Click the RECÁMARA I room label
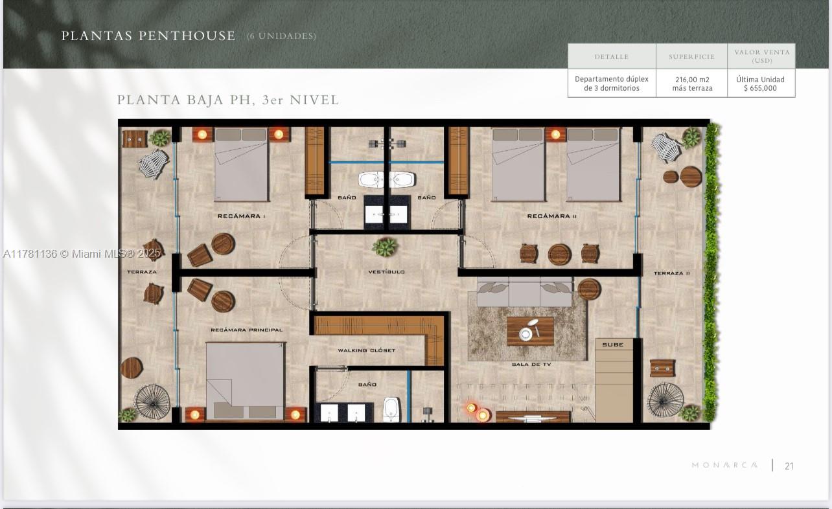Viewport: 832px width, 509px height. pos(241,216)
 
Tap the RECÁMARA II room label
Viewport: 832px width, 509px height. pos(552,216)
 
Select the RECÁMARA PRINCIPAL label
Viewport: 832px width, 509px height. pos(247,330)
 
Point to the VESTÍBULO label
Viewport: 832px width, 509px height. pos(386,272)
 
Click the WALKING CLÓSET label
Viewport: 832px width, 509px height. pos(367,350)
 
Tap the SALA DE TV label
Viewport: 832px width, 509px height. pos(531,364)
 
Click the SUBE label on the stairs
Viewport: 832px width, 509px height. pos(613,345)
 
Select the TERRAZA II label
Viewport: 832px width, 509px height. pos(671,273)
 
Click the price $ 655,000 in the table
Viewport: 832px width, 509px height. pos(760,88)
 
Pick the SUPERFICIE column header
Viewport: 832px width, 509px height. pos(691,57)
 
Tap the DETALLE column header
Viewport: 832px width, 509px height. pos(612,57)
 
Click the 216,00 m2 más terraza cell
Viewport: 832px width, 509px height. pos(692,84)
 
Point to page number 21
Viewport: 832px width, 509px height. pos(789,466)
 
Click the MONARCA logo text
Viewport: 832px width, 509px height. pos(724,465)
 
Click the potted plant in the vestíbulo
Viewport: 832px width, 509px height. pos(385,247)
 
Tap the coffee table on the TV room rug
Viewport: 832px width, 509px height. pos(530,331)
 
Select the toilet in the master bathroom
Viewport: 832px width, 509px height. pos(391,409)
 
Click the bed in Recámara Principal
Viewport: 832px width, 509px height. pos(246,381)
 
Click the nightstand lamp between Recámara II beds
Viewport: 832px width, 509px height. pos(555,135)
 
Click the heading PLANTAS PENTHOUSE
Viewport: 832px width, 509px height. pos(148,36)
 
